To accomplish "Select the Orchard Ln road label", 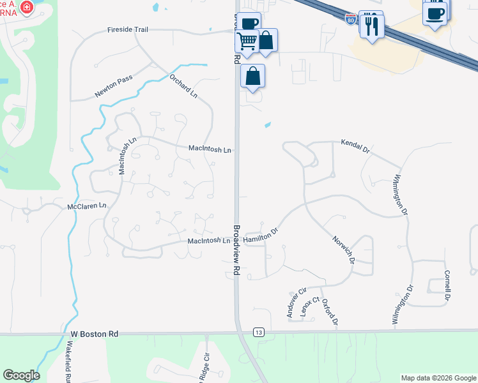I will (183, 86).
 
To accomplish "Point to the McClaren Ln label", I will (86, 207).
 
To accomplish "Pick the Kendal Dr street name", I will (355, 146).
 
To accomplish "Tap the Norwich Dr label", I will (343, 249).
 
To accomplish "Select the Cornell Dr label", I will (448, 285).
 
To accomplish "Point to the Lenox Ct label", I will (309, 308).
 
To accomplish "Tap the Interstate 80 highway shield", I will (350, 19).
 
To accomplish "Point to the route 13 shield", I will (258, 333).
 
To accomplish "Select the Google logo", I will (21, 375).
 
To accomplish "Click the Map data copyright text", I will (438, 378).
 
